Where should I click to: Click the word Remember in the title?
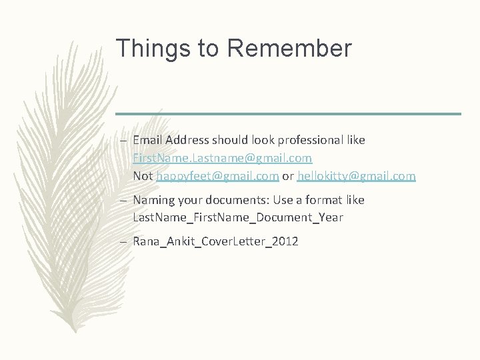point(289,49)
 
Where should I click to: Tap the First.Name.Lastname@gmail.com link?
point(222,159)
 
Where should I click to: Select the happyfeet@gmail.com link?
point(217,176)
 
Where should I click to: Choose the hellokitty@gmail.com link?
point(356,176)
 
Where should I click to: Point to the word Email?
point(148,141)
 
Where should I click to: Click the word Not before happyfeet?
point(143,176)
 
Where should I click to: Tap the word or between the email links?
point(288,176)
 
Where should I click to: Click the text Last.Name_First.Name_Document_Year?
point(238,217)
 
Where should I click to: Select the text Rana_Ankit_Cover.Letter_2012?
point(215,241)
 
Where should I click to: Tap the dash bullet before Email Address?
point(124,141)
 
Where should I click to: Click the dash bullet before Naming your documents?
point(124,201)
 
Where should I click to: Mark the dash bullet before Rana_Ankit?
point(124,242)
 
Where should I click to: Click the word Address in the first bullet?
point(187,141)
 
